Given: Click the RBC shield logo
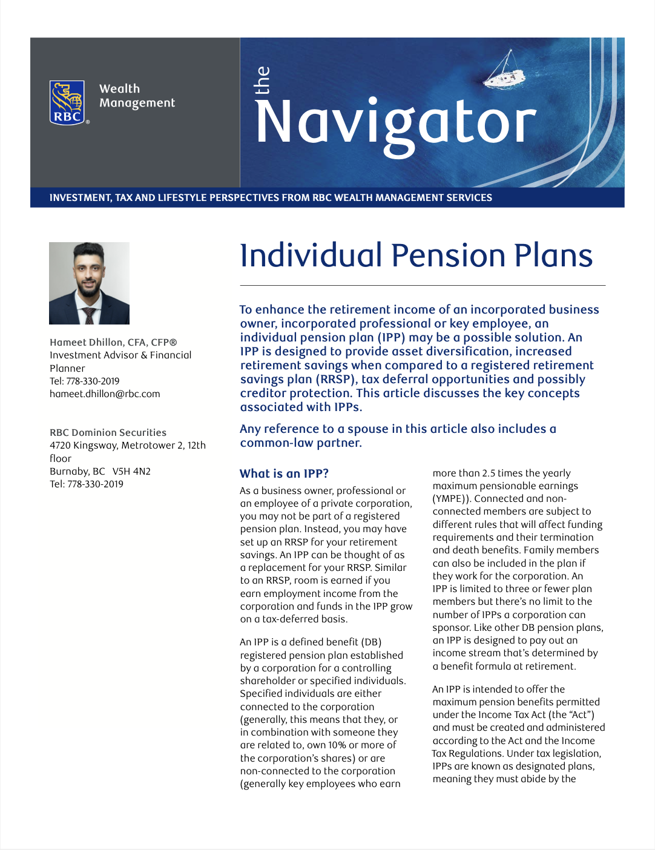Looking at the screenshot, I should (x=67, y=102).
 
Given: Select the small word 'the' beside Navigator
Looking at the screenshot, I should (x=262, y=80).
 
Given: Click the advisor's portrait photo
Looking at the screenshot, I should (x=89, y=283).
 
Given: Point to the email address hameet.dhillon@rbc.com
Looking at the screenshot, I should (x=105, y=394).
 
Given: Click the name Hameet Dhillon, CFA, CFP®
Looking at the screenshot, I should (x=113, y=342).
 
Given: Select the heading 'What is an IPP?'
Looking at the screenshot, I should (x=284, y=473).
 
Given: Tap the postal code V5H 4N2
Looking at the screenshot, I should (x=131, y=471).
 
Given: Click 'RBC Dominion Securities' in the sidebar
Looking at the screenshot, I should (x=108, y=432).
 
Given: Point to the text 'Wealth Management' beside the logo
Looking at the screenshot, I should (x=137, y=96).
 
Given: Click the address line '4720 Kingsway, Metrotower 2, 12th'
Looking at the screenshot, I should (x=128, y=445).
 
